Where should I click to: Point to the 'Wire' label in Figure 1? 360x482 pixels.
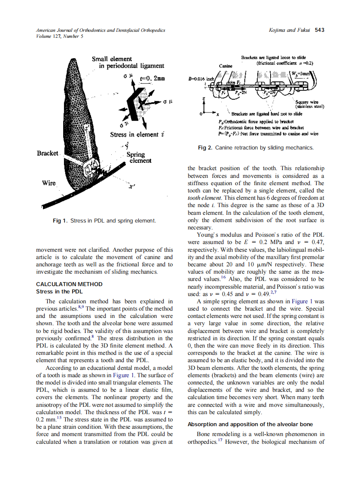pyautogui.click(x=49, y=183)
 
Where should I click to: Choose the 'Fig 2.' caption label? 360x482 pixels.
pyautogui.click(x=205, y=148)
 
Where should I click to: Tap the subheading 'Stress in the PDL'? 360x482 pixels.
pyautogui.click(x=59, y=292)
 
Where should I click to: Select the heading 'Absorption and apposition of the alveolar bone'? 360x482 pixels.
pyautogui.click(x=250, y=424)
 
